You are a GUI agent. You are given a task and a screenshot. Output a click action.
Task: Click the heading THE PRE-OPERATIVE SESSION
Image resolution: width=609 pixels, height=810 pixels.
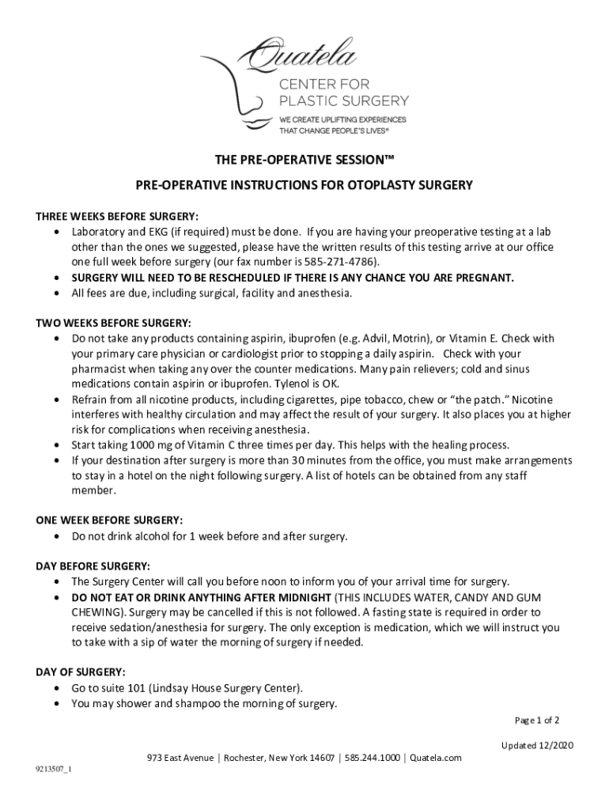pyautogui.click(x=304, y=161)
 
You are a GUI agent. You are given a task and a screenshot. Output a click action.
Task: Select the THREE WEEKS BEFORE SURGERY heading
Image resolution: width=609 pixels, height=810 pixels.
pyautogui.click(x=117, y=217)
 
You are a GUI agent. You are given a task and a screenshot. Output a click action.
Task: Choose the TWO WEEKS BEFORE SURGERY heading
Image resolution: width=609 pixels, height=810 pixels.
pyautogui.click(x=113, y=323)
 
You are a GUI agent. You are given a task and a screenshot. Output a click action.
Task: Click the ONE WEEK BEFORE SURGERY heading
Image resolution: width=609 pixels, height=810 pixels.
pyautogui.click(x=109, y=520)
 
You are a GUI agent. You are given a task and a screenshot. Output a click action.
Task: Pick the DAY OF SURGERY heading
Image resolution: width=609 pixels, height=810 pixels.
pyautogui.click(x=80, y=672)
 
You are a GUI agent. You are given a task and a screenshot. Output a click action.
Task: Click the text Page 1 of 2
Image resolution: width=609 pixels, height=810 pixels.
pyautogui.click(x=537, y=721)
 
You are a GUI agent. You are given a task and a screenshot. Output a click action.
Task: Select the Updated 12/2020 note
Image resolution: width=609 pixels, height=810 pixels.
pyautogui.click(x=538, y=745)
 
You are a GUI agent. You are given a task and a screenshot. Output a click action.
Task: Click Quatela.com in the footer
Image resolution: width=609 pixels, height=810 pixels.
pyautogui.click(x=435, y=758)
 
